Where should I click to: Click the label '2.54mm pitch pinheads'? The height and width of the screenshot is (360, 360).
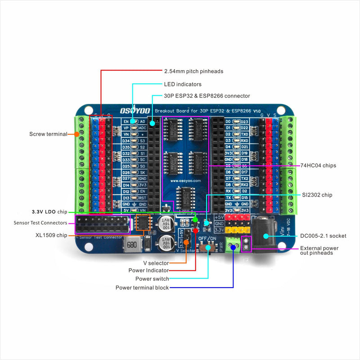pos(193,71)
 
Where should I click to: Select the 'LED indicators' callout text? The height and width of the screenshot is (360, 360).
pos(182,84)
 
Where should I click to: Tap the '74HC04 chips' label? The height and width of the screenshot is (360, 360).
pos(319,166)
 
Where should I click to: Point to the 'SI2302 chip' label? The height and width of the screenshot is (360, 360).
pos(317,195)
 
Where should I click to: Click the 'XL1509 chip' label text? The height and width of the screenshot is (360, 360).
pos(51,235)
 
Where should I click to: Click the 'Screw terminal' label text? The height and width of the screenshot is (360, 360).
pos(48,134)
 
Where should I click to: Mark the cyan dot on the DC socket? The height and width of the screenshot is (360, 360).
pos(266,236)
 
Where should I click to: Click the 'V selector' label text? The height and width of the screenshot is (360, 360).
pos(156,263)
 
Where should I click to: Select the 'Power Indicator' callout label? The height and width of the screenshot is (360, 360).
pos(148,270)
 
